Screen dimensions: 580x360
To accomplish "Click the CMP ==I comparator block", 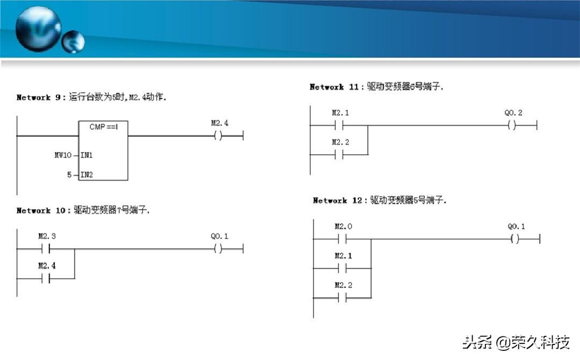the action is coord(103,150).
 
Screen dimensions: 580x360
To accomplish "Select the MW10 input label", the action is coord(63,155).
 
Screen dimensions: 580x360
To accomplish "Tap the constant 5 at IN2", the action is coord(69,175).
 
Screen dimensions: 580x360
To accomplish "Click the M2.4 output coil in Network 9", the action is coord(218,136).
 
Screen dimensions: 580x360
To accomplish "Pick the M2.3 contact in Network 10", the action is coord(46,249).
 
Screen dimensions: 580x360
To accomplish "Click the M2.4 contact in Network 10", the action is coord(46,278).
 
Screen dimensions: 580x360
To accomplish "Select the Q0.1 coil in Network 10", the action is coord(218,249).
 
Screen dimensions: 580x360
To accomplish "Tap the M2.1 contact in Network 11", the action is coord(339,126).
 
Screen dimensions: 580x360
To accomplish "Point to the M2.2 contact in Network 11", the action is coord(339,155).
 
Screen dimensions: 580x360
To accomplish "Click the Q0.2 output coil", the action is coord(512,126).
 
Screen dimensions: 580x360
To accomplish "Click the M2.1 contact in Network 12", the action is coord(342,268).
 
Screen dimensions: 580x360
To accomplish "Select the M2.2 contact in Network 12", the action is coord(342,298).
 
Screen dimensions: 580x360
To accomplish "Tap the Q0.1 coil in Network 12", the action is coord(515,239).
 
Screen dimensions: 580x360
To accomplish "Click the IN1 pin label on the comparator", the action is coord(86,155).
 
